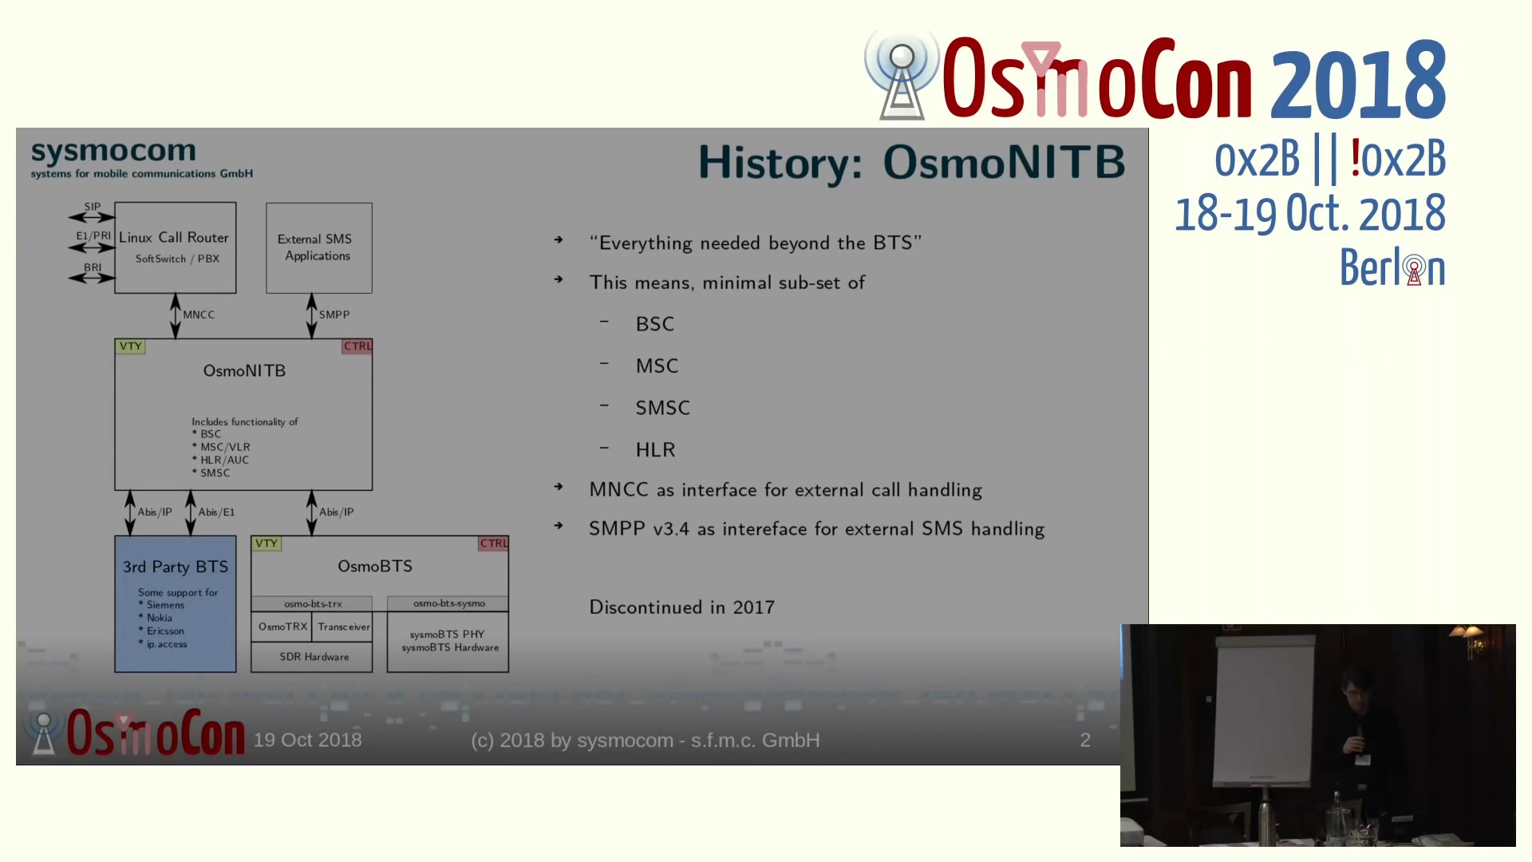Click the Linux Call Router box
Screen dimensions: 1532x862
pos(176,247)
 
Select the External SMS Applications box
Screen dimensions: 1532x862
pos(319,247)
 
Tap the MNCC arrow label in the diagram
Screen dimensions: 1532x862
pos(199,314)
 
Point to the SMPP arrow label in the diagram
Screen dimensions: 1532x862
pos(334,314)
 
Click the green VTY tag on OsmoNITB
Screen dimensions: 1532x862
pos(130,346)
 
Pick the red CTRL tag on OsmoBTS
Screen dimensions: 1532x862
pos(494,544)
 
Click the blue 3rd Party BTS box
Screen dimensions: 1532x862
pos(176,604)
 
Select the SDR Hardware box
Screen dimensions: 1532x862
pos(312,657)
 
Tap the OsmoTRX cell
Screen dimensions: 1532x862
pos(282,627)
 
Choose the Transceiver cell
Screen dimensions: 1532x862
pos(343,627)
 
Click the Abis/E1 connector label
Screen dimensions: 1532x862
pos(216,512)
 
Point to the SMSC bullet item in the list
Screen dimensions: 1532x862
pos(662,408)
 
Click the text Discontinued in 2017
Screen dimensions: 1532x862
pos(682,607)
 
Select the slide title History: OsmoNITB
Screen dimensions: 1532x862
pos(911,162)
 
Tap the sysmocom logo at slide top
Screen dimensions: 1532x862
pos(141,159)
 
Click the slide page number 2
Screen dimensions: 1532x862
pos(1085,740)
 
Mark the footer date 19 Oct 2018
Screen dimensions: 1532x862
pos(307,740)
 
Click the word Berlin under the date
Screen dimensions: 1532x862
pos(1392,267)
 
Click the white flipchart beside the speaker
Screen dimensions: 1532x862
pos(1264,710)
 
